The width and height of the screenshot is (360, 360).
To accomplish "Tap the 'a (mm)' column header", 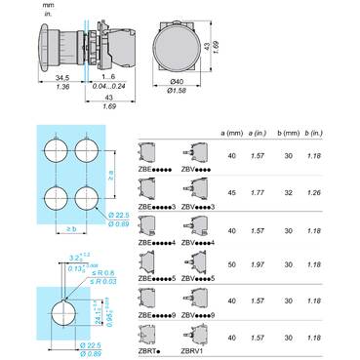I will pyautogui.click(x=231, y=132).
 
